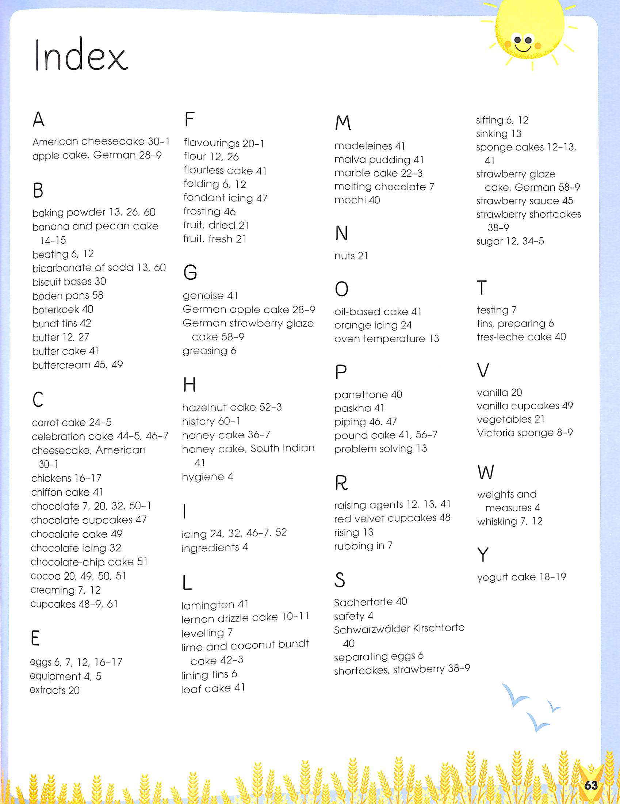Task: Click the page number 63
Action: pos(591,785)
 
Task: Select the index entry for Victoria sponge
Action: pos(525,433)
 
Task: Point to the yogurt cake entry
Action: pos(521,577)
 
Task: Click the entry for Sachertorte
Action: pos(370,602)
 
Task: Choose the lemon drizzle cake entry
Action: pos(245,617)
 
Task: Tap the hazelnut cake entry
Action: pos(232,407)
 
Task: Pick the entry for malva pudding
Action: pos(379,160)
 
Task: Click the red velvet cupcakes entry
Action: pos(392,518)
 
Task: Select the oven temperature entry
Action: pos(386,339)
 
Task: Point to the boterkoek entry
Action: pos(62,310)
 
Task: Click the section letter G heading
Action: pos(190,273)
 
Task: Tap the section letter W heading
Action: pos(485,472)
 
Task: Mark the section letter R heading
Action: pos(341,483)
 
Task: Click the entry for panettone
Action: pos(368,395)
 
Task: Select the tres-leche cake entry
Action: pos(521,337)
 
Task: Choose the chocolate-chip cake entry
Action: pos(89,562)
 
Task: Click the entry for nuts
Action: pos(351,256)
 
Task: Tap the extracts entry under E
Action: pos(54,690)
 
